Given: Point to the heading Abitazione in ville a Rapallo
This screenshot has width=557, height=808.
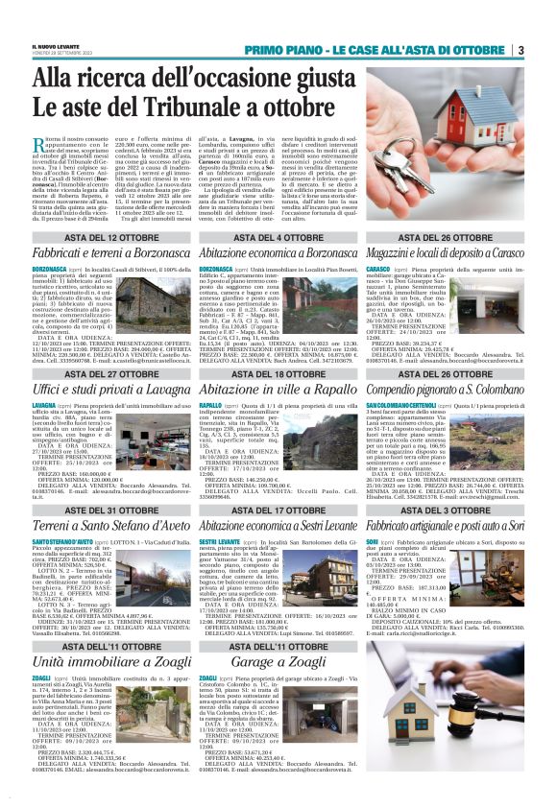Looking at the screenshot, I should click(x=278, y=391).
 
